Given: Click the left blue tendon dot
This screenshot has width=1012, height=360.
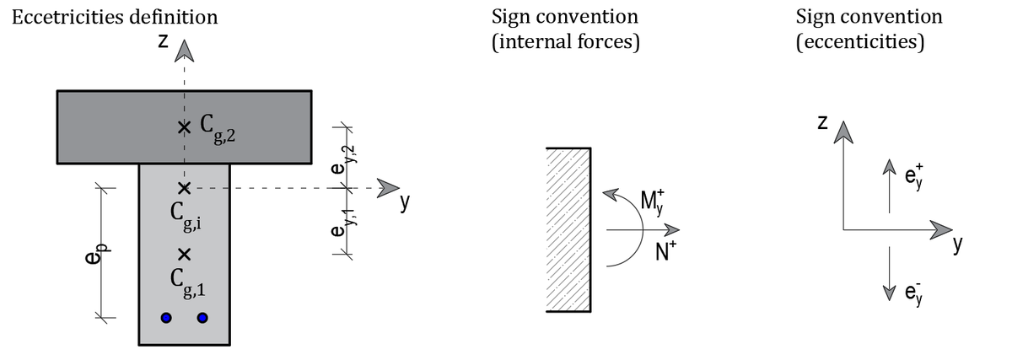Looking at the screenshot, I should tap(166, 318).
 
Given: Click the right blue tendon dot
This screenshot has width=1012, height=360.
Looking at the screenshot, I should tap(202, 318).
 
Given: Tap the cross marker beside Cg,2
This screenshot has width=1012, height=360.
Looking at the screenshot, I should tap(184, 127).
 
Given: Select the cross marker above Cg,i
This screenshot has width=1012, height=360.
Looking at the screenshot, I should tap(184, 187).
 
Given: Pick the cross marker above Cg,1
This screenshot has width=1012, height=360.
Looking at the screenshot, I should tap(184, 254).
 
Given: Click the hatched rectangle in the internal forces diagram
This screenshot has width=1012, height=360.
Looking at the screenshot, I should tap(568, 229).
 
